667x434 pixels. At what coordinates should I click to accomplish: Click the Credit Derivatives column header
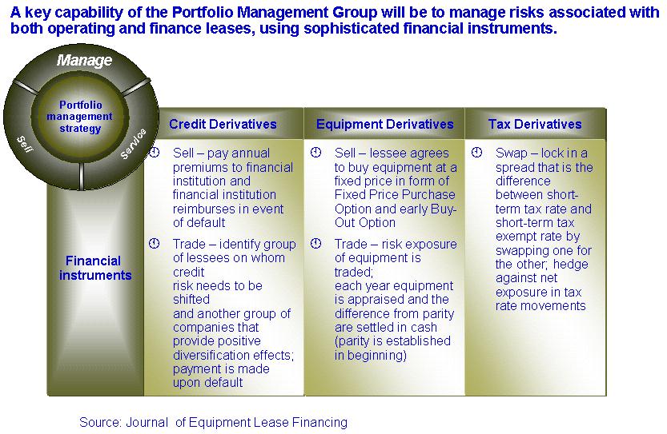[x=223, y=124]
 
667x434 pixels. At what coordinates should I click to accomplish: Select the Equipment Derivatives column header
[x=384, y=124]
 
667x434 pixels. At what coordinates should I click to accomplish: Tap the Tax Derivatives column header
[x=535, y=124]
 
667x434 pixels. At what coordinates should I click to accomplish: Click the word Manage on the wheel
[x=84, y=60]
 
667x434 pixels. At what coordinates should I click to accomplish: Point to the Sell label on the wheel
[x=24, y=144]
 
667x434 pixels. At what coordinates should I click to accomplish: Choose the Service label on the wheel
[x=133, y=144]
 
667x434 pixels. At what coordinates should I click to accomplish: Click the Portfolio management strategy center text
[x=80, y=117]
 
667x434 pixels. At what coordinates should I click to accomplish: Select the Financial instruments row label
[x=94, y=268]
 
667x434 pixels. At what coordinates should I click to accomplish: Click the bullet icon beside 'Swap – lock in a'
[x=476, y=152]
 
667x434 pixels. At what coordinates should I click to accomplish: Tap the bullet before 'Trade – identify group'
[x=154, y=243]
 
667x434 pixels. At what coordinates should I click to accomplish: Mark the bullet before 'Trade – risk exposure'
[x=315, y=243]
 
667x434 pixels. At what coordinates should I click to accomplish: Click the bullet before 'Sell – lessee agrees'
[x=315, y=152]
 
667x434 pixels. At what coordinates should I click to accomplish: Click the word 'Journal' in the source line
[x=147, y=423]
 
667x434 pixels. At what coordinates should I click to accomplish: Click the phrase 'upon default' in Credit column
[x=207, y=383]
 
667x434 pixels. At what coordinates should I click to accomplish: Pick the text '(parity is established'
[x=392, y=341]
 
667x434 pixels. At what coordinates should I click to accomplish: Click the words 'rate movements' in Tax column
[x=540, y=306]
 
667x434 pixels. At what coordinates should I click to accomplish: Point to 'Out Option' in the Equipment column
[x=365, y=223]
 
